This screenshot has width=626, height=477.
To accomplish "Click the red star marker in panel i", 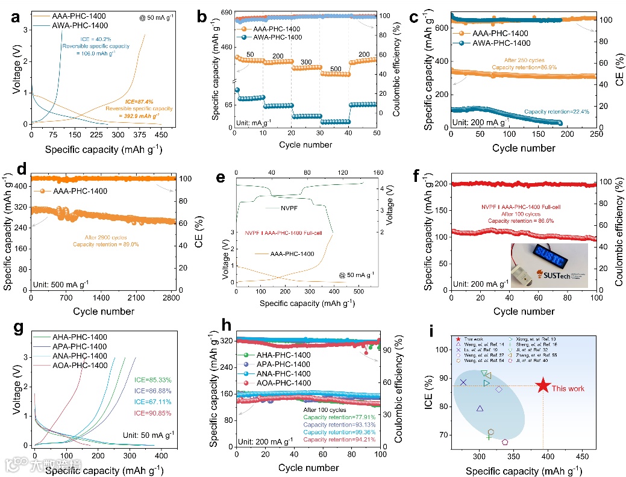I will [x=543, y=386].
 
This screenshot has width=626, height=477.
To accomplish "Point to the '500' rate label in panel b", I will [x=335, y=68].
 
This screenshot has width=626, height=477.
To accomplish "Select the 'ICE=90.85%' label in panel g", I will [x=154, y=413].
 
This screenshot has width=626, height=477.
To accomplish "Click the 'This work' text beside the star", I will [x=568, y=388].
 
